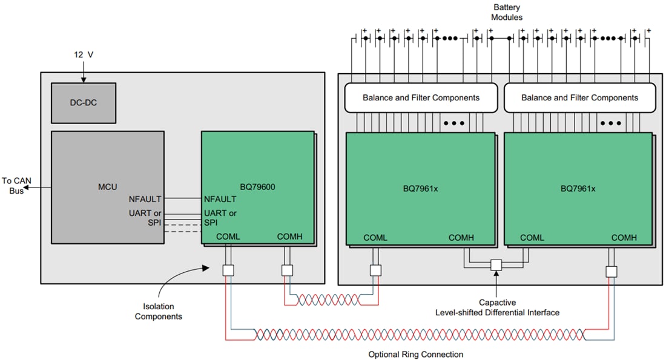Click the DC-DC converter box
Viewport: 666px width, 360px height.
(x=83, y=103)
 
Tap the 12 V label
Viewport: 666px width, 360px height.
(x=83, y=54)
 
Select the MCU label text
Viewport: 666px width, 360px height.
(x=107, y=186)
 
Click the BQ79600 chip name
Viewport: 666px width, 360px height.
(x=257, y=187)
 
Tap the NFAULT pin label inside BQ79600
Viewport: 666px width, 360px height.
(x=220, y=198)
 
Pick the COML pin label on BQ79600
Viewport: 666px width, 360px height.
(x=228, y=237)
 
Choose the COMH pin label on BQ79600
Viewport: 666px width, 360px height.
(x=289, y=237)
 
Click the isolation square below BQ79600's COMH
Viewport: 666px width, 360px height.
(x=288, y=270)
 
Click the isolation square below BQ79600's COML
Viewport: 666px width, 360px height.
(x=228, y=270)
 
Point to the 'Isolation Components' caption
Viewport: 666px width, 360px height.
(x=158, y=311)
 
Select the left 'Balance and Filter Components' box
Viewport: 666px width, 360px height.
(x=421, y=97)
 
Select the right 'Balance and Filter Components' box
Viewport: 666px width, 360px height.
(x=579, y=97)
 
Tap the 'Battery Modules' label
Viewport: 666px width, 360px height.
(x=507, y=12)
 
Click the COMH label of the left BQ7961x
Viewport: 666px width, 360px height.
(x=461, y=238)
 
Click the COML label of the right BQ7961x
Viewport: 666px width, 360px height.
(x=532, y=238)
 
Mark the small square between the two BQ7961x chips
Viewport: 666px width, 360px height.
(x=496, y=265)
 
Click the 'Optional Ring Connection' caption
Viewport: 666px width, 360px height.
(x=415, y=354)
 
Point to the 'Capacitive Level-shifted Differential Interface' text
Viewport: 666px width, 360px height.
(x=497, y=307)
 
